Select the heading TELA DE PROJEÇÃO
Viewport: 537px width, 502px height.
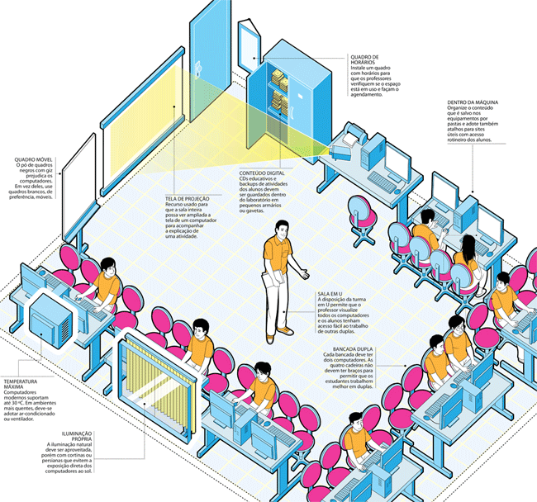[188, 200]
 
